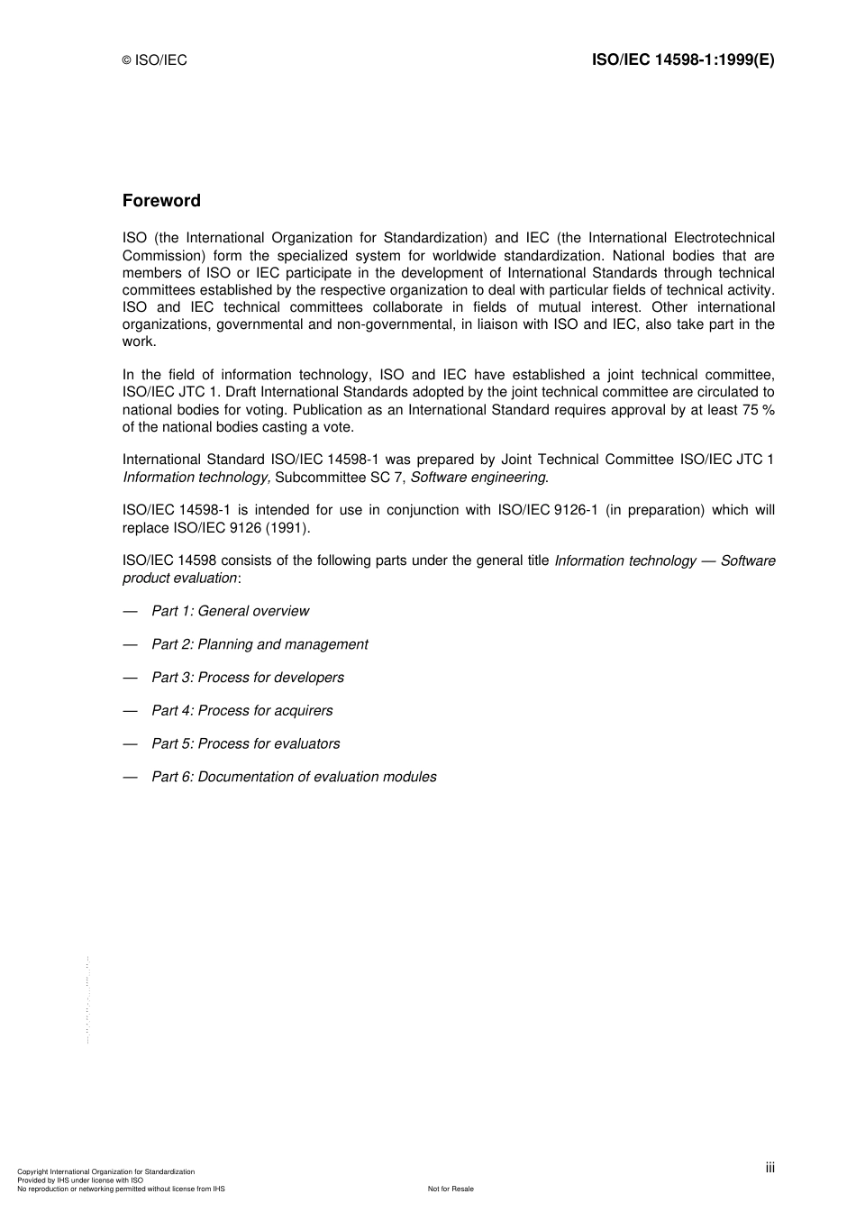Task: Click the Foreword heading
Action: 161,201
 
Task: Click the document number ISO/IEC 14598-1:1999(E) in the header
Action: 682,60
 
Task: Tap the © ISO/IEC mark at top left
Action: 155,61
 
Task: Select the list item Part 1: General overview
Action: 230,611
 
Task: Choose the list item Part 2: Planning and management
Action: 260,644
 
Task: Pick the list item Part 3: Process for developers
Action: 248,678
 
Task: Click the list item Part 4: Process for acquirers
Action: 241,711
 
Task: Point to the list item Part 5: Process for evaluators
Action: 246,744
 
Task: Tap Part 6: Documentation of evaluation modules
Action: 294,777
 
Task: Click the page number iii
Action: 769,1168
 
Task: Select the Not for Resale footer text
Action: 451,1189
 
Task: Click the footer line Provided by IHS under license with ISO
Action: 80,1180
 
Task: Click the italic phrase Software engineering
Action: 478,478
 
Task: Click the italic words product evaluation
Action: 180,578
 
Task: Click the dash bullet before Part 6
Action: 132,777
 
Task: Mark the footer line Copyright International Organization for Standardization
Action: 106,1171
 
